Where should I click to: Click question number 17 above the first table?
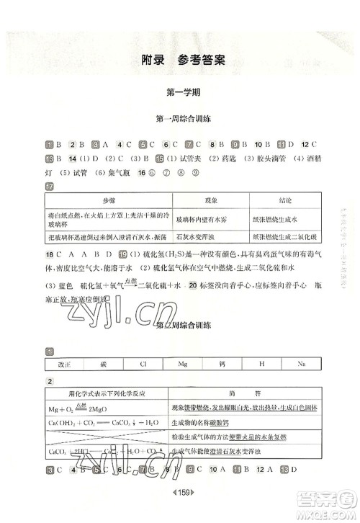point(50,187)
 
